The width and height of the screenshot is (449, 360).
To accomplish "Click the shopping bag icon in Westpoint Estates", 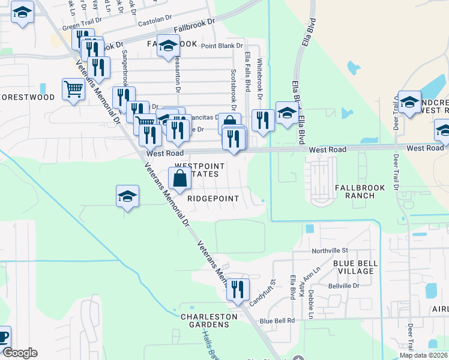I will click(x=180, y=178).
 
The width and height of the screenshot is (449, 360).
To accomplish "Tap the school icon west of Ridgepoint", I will click(x=127, y=197).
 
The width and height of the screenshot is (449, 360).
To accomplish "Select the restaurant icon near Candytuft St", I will click(x=238, y=290).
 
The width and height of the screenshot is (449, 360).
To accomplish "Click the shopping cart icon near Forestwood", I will click(x=73, y=89).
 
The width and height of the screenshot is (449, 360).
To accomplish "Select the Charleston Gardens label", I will click(x=205, y=320).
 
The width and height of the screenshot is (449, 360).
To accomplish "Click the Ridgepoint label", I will click(x=213, y=199).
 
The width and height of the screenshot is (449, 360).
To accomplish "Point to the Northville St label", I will click(x=330, y=250).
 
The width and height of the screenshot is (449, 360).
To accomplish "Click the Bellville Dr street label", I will click(x=343, y=286).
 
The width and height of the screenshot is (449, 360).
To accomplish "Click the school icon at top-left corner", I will click(x=22, y=13).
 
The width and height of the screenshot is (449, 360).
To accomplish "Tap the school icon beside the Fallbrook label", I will click(x=169, y=46).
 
